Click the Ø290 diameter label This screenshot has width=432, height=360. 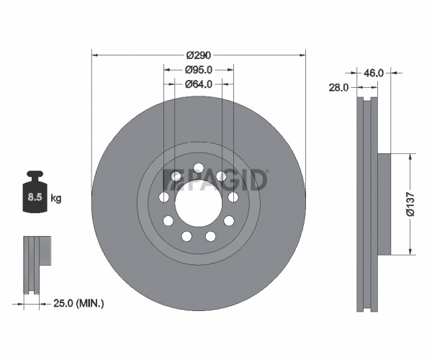point(199,55)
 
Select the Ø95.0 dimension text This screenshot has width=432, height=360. point(199,70)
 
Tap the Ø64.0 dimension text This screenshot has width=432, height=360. point(199,84)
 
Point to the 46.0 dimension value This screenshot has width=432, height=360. point(373,73)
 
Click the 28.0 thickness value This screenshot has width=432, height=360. point(338,88)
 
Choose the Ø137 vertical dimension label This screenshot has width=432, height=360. point(410,204)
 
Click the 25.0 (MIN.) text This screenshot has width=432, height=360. point(78,304)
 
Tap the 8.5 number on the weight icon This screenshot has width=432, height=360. point(35,197)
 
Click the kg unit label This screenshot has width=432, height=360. point(56,198)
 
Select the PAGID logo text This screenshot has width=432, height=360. point(215,180)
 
